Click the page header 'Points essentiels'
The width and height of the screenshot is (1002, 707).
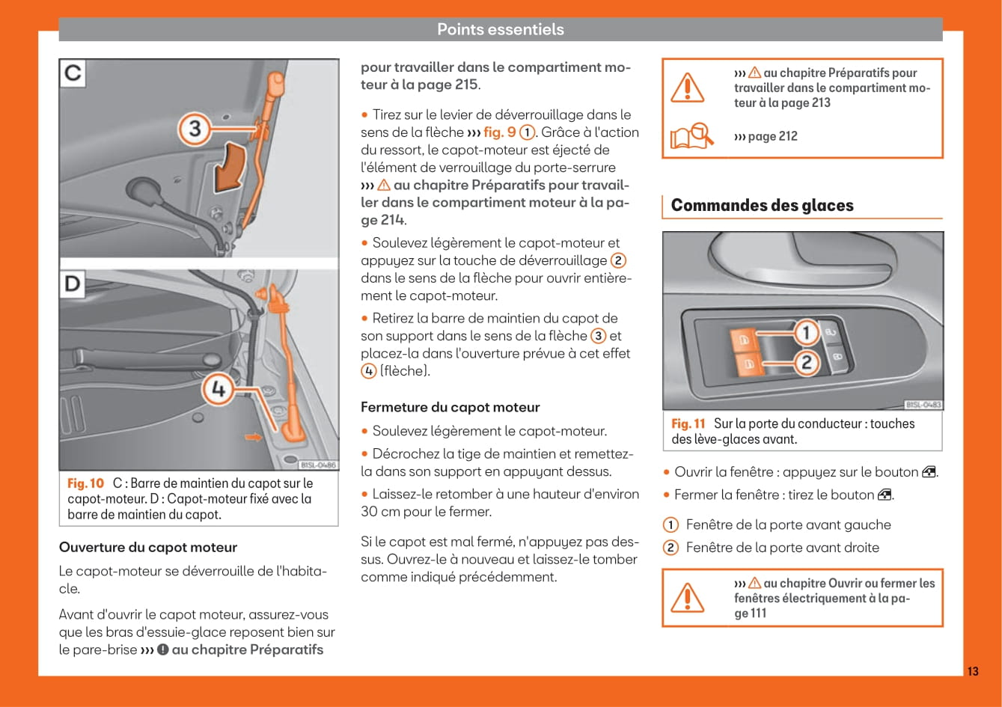coord(500,29)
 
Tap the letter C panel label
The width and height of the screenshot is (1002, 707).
coord(73,73)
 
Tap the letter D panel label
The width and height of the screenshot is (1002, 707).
coord(73,285)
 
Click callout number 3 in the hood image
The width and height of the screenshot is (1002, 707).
coord(195,129)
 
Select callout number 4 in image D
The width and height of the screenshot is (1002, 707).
coord(218,390)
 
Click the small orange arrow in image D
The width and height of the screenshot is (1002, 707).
coord(254,436)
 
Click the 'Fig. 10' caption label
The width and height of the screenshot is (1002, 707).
coord(85,483)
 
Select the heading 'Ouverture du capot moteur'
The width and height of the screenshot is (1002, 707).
coord(148,547)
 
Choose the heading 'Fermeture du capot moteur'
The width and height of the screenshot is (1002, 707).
coord(450,407)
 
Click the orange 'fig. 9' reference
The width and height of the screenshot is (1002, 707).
coord(500,132)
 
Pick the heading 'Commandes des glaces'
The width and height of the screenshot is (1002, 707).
coord(762,205)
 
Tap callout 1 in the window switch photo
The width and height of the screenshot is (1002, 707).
coord(805,331)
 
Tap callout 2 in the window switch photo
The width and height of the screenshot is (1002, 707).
coord(805,363)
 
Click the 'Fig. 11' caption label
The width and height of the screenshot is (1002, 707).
coord(688,423)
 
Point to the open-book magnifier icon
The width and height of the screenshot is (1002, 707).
coord(691,137)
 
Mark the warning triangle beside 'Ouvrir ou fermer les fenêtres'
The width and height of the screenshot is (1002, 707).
coord(686,597)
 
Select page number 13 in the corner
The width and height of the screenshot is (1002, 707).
coord(972,671)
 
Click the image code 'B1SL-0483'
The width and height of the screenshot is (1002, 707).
coord(923,405)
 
